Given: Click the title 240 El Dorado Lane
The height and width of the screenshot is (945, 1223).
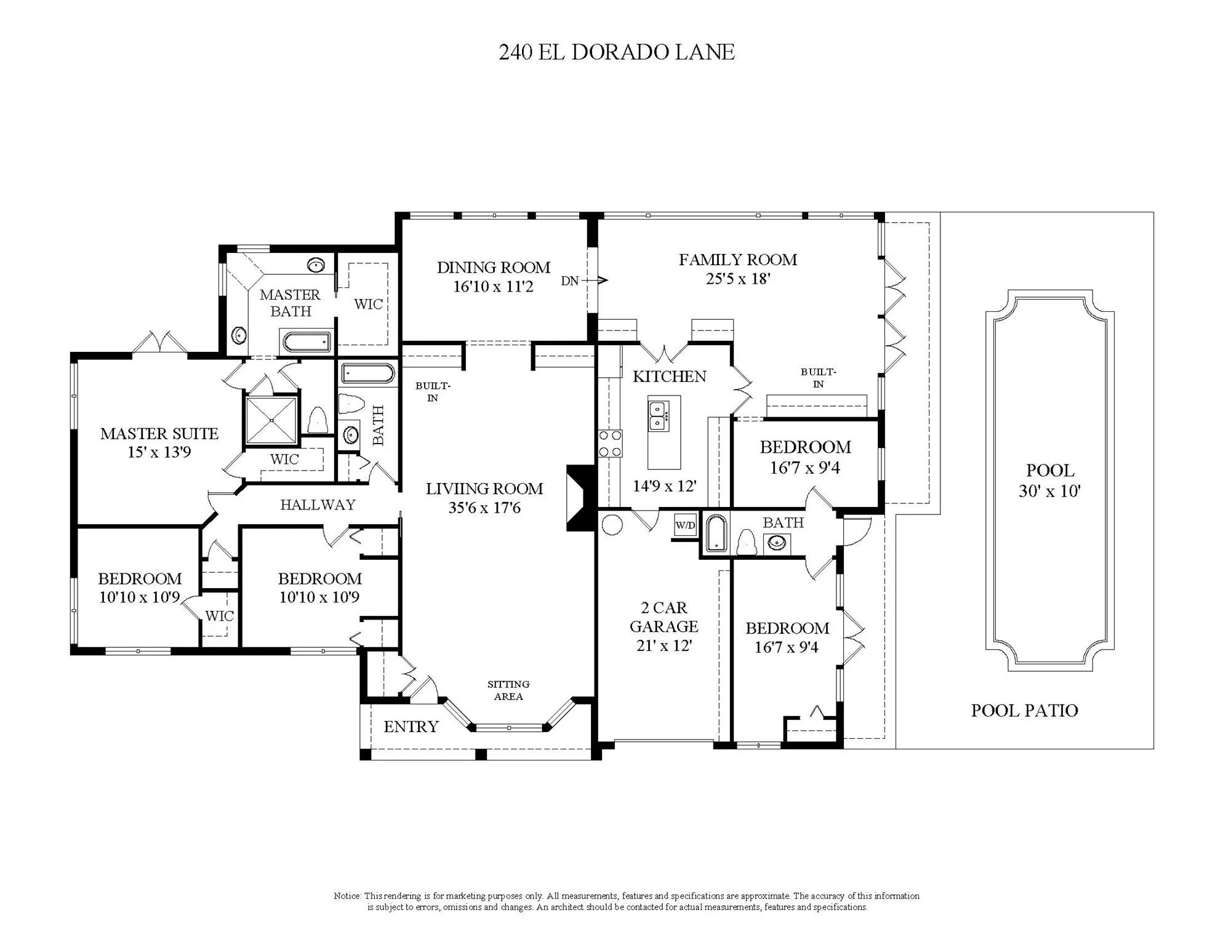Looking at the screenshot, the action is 616,52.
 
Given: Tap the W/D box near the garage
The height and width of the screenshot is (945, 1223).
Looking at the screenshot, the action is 685,525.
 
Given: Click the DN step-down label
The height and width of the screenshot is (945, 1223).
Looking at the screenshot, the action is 570,281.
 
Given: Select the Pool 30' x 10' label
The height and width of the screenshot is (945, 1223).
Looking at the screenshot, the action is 1050,480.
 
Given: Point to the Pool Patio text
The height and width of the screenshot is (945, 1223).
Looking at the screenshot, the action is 1025,711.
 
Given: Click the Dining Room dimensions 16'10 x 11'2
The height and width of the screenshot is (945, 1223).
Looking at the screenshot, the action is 494,287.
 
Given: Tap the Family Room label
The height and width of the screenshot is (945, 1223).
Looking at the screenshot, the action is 738,260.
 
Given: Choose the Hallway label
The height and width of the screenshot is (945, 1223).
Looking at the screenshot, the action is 318,505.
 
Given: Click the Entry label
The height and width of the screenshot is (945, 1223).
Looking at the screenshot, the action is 411,727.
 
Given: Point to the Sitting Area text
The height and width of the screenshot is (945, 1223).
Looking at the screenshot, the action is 508,690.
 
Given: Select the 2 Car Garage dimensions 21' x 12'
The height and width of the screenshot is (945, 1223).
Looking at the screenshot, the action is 664,646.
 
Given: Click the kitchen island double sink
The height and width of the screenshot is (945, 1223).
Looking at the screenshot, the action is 659,415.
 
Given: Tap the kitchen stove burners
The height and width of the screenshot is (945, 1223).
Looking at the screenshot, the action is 610,444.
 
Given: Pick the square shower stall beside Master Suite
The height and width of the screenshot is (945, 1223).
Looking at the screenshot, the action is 271,420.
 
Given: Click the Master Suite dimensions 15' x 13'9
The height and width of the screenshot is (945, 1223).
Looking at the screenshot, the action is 159,452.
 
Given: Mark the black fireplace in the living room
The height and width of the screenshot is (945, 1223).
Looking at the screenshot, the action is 580,498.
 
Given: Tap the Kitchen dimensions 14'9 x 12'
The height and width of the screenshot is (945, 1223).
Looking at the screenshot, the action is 665,486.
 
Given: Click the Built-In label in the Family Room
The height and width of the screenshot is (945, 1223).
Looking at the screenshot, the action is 818,378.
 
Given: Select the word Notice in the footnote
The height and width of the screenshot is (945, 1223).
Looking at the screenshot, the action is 347,896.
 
